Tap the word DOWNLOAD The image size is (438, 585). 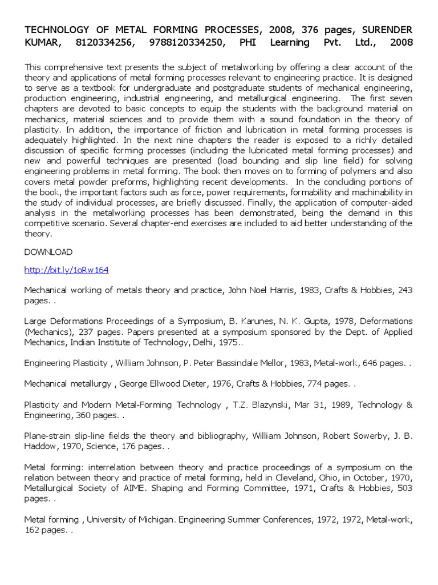click(48, 252)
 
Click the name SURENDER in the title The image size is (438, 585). click(384, 29)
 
